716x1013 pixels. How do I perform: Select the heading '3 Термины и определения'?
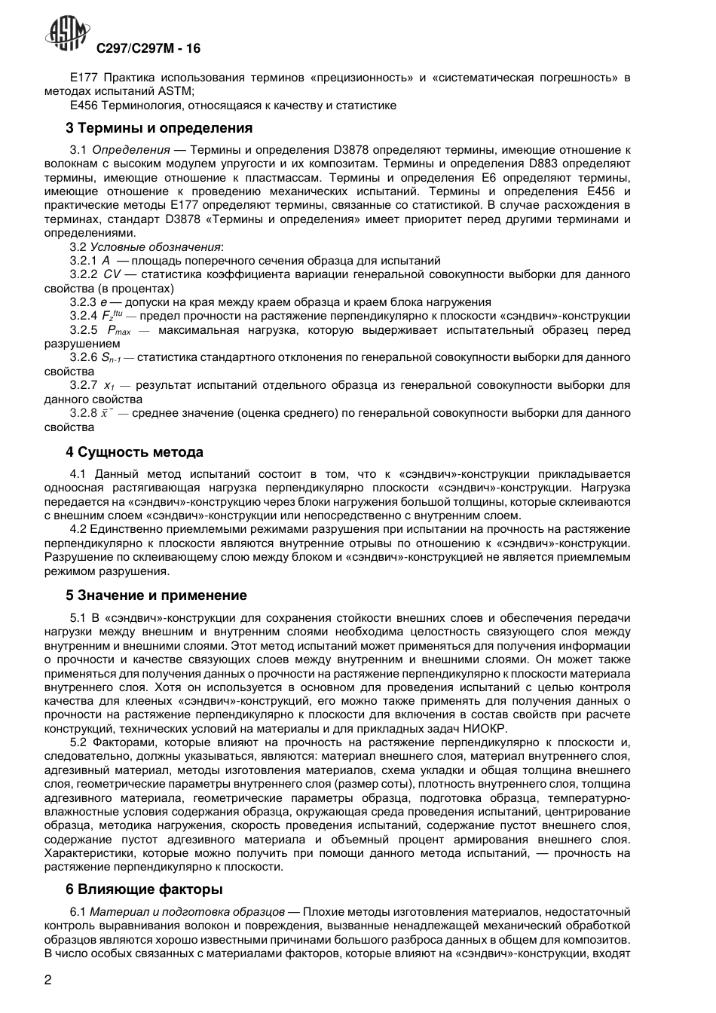[x=159, y=128]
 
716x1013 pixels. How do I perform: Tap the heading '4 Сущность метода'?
[x=134, y=452]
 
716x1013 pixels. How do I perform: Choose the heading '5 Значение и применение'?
[x=156, y=595]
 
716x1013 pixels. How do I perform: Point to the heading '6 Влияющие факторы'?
[x=144, y=889]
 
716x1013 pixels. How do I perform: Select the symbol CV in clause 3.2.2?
[x=112, y=274]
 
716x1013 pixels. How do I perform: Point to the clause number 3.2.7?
[x=84, y=385]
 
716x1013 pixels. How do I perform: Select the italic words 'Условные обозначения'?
[x=156, y=246]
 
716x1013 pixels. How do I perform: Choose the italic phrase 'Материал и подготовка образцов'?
[x=187, y=912]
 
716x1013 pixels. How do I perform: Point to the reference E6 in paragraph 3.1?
[x=487, y=178]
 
